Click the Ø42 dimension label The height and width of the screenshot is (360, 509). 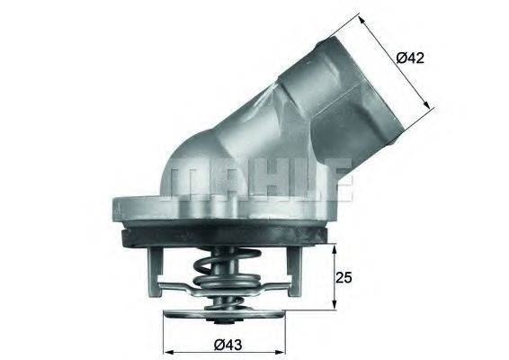(x=410, y=58)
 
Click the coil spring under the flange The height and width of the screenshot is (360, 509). (x=218, y=269)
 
